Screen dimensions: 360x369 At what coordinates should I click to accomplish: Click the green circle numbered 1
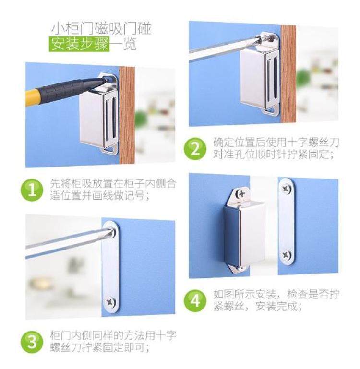point(32,190)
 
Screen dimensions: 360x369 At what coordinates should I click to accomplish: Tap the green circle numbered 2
point(195,149)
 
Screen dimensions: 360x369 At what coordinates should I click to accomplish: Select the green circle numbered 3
point(32,342)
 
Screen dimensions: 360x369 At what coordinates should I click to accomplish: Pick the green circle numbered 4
point(195,301)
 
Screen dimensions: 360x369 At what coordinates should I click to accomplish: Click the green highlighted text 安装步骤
point(79,44)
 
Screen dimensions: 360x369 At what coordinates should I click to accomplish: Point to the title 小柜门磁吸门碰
point(101,29)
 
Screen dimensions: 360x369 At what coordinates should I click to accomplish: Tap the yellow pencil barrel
point(32,97)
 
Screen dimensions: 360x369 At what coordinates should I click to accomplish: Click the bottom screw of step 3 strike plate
point(110,302)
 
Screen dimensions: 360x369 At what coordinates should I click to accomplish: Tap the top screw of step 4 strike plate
point(287,188)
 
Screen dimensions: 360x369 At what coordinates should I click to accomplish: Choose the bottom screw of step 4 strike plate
point(287,255)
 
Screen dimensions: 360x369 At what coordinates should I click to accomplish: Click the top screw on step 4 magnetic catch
point(241,193)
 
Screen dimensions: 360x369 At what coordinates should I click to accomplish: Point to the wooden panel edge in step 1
point(127,115)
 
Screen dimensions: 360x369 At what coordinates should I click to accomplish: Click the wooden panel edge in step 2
point(288,74)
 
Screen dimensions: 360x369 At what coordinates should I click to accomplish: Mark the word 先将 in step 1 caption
point(61,184)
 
